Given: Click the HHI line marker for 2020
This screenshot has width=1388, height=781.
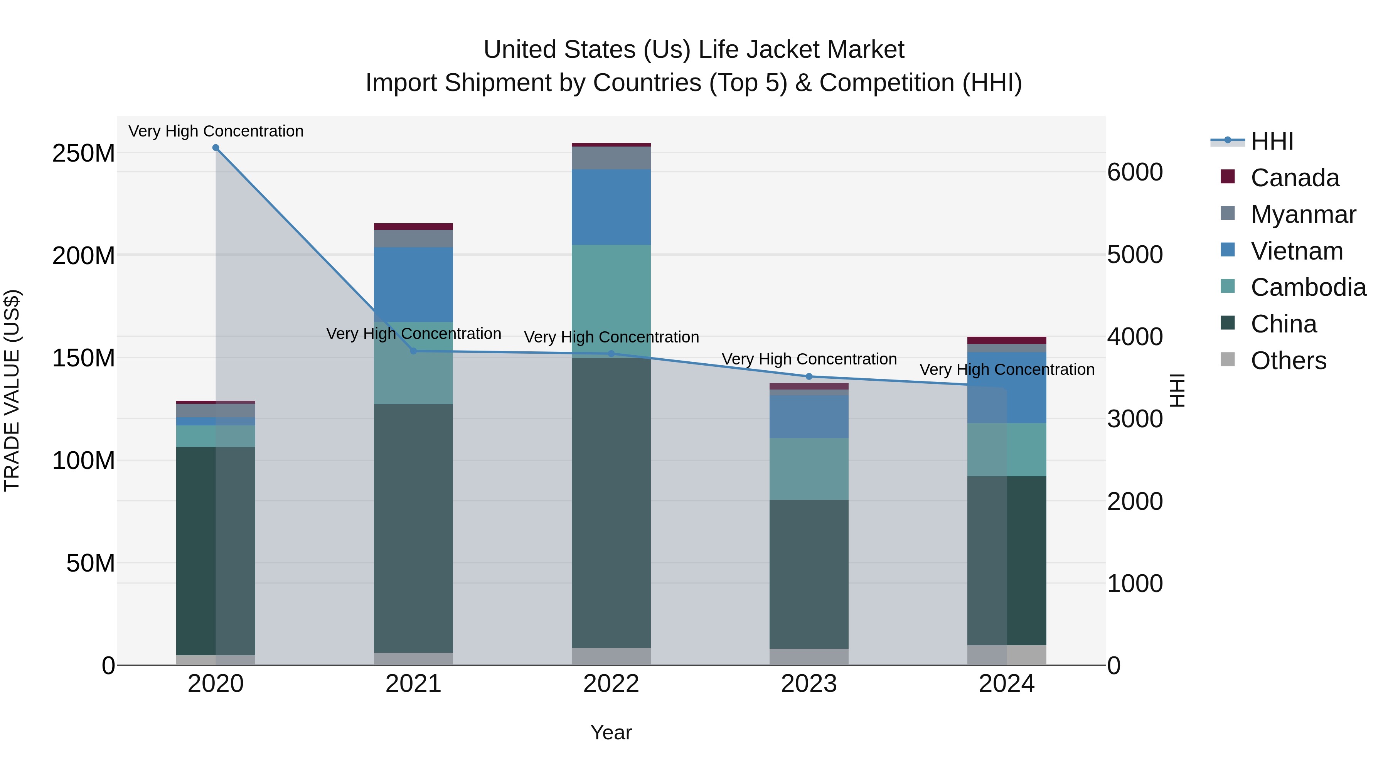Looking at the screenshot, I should tap(216, 148).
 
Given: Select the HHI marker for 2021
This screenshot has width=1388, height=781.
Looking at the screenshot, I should tap(413, 351).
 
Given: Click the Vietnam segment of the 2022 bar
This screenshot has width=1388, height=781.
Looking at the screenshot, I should tap(611, 207).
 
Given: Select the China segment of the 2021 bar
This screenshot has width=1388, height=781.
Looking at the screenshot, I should tap(413, 528).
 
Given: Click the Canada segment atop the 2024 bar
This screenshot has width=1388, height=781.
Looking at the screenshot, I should tap(1007, 340).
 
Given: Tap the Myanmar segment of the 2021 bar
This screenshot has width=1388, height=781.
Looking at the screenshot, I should tap(413, 238).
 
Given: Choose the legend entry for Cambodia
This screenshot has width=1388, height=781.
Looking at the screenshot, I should tap(1308, 287).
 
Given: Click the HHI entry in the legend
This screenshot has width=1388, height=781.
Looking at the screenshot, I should tap(1272, 141).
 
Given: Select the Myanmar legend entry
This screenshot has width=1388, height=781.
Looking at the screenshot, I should tap(1303, 214).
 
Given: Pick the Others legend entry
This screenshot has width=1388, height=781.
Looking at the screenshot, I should tap(1288, 361).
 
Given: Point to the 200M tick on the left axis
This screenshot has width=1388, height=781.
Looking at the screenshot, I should tap(84, 255).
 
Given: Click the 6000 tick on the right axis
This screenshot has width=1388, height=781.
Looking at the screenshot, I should tap(1135, 172).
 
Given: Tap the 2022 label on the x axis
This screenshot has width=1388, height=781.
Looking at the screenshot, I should tap(611, 684).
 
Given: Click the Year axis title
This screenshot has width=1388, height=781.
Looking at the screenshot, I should tap(611, 732).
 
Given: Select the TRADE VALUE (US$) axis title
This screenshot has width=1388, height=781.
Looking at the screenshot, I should tap(12, 390).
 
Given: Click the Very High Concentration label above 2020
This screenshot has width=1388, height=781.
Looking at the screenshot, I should tap(216, 131).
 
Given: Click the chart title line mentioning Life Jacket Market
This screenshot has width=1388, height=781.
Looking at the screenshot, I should tap(694, 50).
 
